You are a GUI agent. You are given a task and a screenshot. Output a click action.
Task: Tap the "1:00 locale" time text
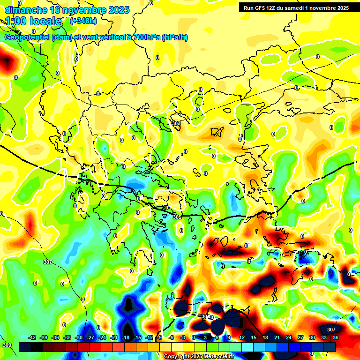[x=33, y=21]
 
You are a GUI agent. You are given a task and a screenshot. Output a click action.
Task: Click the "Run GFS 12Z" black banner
[x=296, y=7]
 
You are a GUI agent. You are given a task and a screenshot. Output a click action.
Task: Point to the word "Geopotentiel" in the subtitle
[x=28, y=37]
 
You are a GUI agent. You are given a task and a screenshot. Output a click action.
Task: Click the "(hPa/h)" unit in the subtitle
[x=174, y=37]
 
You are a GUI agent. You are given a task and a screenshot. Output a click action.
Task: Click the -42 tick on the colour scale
[x=32, y=337]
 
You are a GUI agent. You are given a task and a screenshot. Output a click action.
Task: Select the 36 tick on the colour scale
[x=336, y=337]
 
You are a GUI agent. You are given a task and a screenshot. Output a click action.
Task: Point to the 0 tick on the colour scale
[x=194, y=337]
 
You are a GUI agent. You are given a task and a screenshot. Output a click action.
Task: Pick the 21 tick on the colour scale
[x=277, y=337]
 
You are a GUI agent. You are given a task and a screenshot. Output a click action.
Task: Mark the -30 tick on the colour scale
[x=79, y=337]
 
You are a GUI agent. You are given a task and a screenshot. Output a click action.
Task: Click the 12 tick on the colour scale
[x=242, y=337]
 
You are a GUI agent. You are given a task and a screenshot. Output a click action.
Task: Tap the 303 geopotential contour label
[x=176, y=123]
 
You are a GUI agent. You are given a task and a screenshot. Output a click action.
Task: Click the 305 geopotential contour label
[x=177, y=217]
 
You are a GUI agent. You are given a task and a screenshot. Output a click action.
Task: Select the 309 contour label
[x=7, y=345]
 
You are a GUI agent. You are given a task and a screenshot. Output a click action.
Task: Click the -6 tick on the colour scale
[x=171, y=337]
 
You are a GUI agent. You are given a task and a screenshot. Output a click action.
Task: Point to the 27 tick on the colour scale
[x=300, y=337]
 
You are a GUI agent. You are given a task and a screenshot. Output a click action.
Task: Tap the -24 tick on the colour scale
[x=102, y=337]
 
